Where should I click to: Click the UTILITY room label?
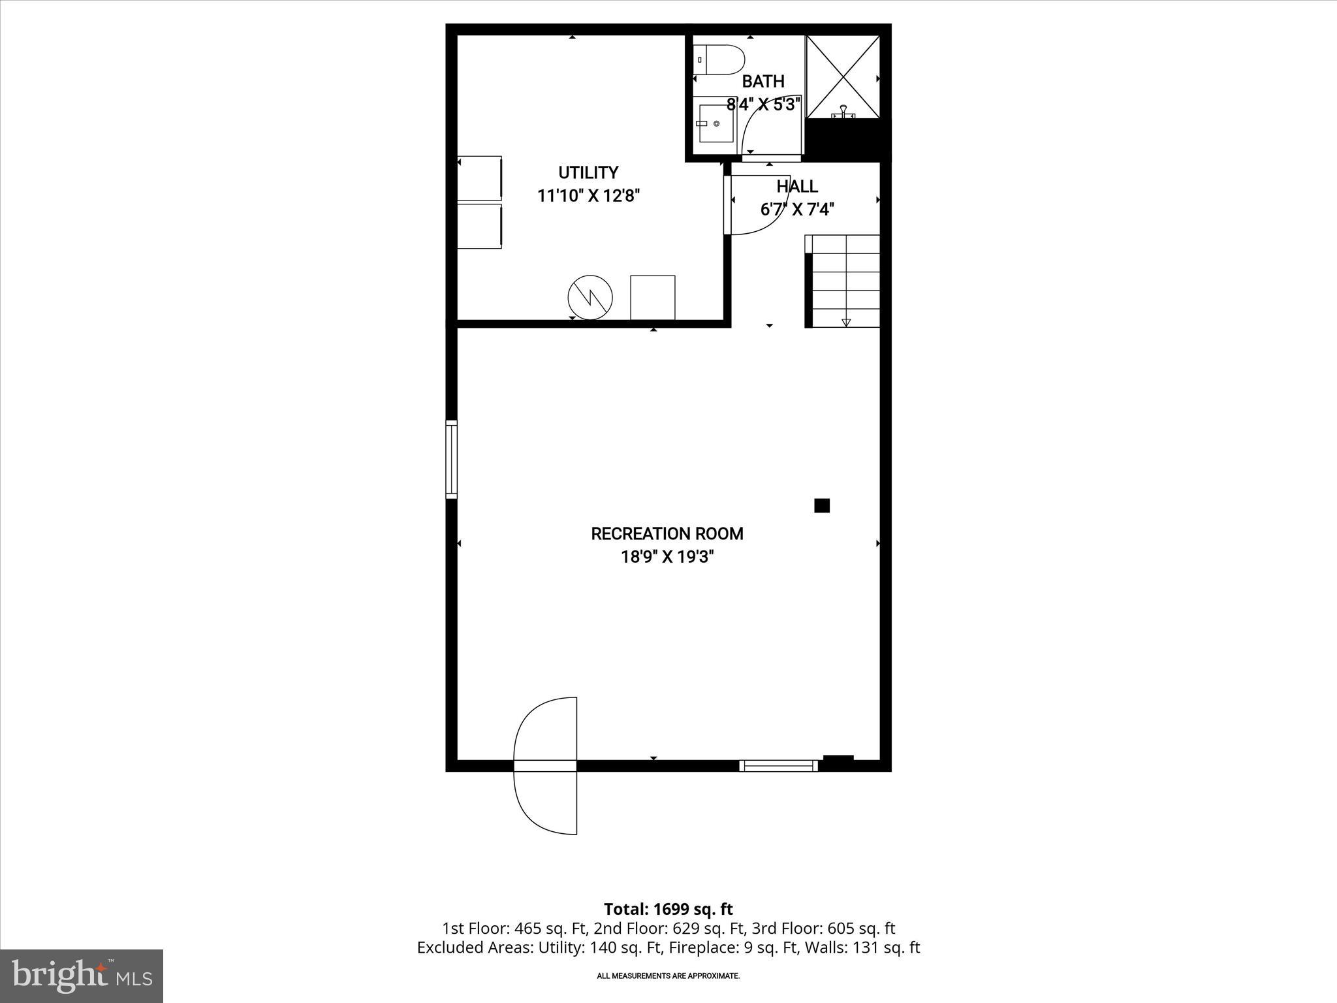(x=588, y=173)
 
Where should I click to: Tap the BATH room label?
(x=763, y=82)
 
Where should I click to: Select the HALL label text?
(x=796, y=187)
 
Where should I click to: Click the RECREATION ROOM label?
(x=667, y=534)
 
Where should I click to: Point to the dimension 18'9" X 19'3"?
(x=667, y=558)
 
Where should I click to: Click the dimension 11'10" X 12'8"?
(x=588, y=196)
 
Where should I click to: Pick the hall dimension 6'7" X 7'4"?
(x=796, y=210)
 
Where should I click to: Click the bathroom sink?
(x=716, y=123)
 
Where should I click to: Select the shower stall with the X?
(x=843, y=77)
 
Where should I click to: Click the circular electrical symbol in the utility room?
(x=590, y=298)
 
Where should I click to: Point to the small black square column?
(x=821, y=505)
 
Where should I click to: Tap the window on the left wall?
(x=451, y=459)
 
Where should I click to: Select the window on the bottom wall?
(x=778, y=765)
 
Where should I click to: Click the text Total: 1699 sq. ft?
(x=668, y=909)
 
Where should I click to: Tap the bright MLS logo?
(x=82, y=976)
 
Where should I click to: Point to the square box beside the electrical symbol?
(x=652, y=298)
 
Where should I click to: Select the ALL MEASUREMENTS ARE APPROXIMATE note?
(x=668, y=976)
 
